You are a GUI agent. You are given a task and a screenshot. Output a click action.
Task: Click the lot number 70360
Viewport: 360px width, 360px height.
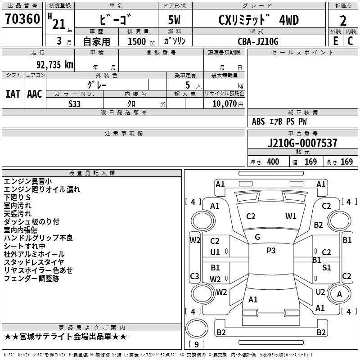coord(23,19)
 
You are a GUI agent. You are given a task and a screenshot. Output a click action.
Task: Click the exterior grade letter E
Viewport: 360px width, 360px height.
coord(335,41)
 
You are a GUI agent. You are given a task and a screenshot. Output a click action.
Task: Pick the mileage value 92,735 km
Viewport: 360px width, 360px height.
coord(54,64)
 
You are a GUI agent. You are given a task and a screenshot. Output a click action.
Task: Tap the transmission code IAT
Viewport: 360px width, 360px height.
coord(13,94)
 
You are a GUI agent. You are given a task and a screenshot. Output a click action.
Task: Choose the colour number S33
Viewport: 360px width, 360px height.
coord(75,103)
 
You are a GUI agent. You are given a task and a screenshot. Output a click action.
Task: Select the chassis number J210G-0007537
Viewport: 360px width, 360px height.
coord(302,143)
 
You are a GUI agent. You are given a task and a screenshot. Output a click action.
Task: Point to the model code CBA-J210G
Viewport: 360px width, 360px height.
coord(258,41)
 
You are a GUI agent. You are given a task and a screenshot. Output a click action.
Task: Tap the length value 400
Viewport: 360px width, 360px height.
coord(273,162)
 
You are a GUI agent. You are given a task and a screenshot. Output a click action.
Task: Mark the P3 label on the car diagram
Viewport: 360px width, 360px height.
coord(271,251)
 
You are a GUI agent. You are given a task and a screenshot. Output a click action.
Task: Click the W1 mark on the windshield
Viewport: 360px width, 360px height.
coord(291,216)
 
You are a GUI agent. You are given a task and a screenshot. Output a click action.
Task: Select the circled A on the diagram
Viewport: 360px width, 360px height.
coord(339,294)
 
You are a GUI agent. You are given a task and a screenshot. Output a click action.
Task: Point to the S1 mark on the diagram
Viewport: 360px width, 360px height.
coord(327,268)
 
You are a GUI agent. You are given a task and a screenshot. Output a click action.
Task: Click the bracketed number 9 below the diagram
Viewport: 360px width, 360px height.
coord(196,345)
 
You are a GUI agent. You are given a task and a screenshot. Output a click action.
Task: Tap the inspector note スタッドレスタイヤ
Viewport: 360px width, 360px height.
coord(34,262)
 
